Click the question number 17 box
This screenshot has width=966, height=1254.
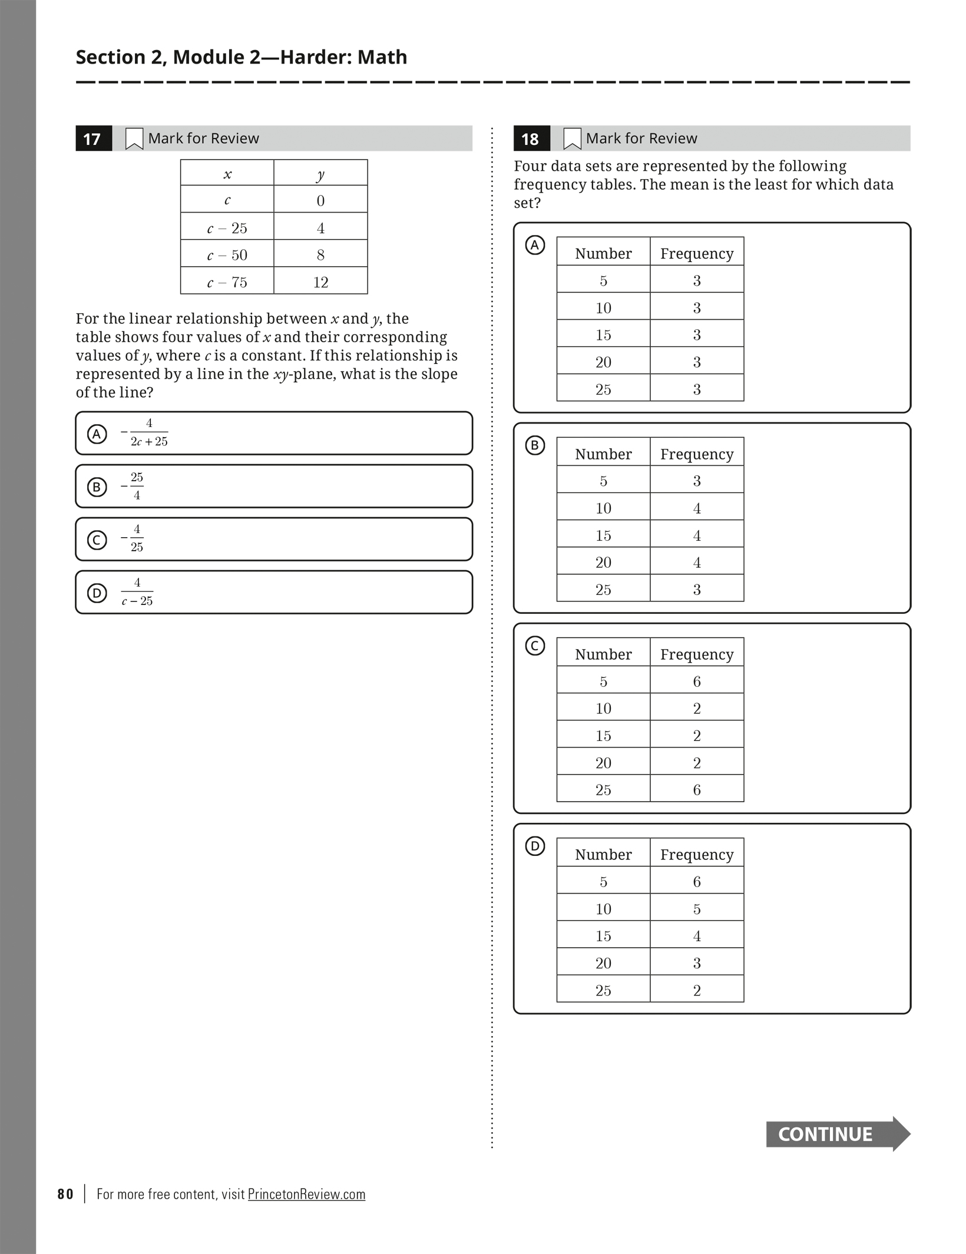[x=93, y=139]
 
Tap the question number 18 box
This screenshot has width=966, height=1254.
[x=531, y=139]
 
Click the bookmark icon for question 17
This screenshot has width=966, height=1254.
[x=134, y=139]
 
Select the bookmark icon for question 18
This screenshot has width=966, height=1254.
[x=572, y=139]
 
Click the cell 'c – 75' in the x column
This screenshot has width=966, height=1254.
[x=227, y=282]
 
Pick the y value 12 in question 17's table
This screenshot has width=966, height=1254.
[x=320, y=282]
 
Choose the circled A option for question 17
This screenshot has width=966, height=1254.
[x=97, y=434]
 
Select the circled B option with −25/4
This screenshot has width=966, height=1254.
[x=97, y=487]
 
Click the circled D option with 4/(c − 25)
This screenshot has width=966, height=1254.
[x=97, y=593]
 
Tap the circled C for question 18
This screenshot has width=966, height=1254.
[x=535, y=646]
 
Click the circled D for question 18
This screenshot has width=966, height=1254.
[x=535, y=846]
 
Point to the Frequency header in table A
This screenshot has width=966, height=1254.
[x=697, y=253]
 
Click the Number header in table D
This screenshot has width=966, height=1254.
[x=603, y=854]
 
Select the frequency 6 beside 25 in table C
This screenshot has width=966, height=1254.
[x=697, y=790]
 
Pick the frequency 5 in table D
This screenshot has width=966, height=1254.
[x=697, y=909]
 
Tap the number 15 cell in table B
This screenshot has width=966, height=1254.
[x=603, y=535]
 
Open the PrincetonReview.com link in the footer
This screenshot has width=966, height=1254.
[x=306, y=1194]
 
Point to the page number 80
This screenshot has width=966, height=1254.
[x=65, y=1194]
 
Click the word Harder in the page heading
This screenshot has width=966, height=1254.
[x=315, y=57]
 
